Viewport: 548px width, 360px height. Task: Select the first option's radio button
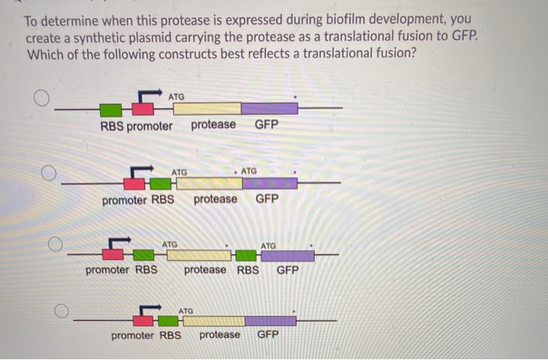41,97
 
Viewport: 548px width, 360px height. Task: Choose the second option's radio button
49,172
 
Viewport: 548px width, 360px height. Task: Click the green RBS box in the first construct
111,109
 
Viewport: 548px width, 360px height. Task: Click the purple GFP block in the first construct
269,109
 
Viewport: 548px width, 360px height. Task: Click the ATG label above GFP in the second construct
249,171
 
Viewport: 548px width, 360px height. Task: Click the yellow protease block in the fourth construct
212,320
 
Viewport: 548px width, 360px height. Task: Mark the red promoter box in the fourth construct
143,320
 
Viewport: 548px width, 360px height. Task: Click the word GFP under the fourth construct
269,335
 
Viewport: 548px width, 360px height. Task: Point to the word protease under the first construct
213,124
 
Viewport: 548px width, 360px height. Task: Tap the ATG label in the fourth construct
186,311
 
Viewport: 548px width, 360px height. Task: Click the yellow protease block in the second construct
207,184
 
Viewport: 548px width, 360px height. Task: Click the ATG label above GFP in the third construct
268,246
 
